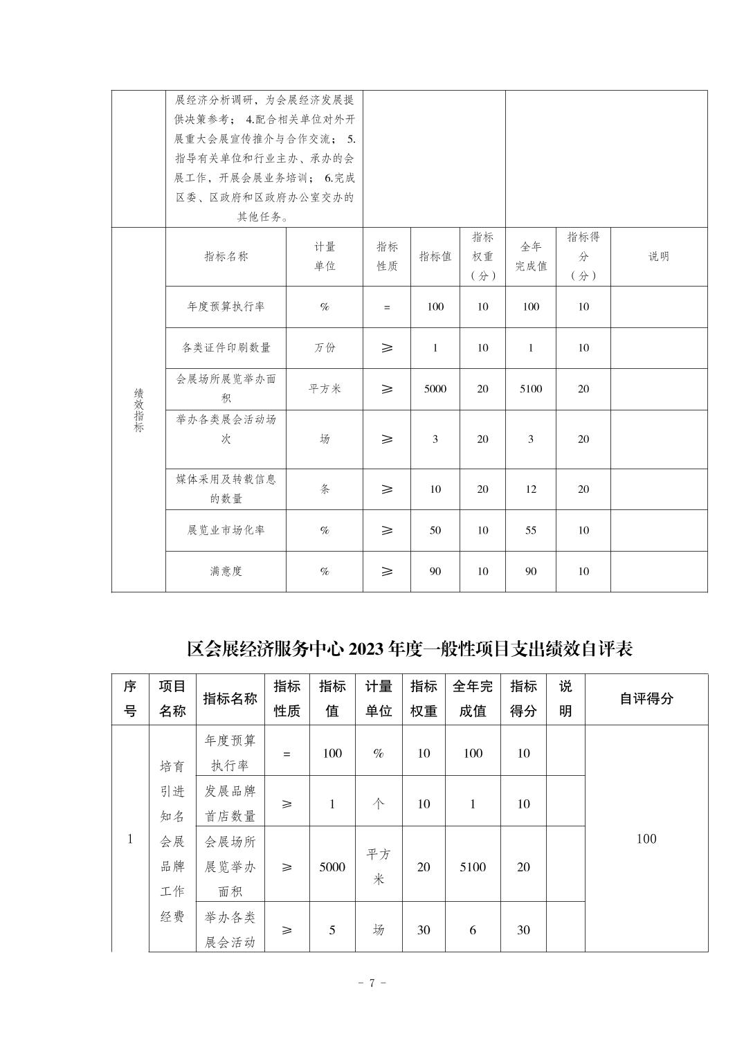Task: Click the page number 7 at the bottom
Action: tap(372, 983)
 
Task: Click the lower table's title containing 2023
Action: tap(410, 649)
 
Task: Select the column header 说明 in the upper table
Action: tap(658, 256)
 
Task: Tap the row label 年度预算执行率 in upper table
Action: tap(226, 307)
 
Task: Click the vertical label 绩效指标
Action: tap(138, 410)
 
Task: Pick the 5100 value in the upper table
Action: tap(531, 389)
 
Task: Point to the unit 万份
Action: tap(325, 347)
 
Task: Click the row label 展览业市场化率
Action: tap(226, 530)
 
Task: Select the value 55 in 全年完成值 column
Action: tap(531, 530)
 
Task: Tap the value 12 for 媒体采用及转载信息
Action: tap(531, 489)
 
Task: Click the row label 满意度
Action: tap(226, 571)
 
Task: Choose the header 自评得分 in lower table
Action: tap(646, 699)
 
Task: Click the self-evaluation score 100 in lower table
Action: tap(646, 839)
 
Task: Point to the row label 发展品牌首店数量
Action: tap(230, 804)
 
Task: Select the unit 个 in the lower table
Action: tap(379, 804)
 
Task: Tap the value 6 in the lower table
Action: tap(473, 929)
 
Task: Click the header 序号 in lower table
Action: tap(130, 699)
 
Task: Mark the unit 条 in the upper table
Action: tap(325, 489)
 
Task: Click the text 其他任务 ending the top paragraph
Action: tap(264, 217)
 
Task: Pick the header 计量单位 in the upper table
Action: tap(325, 256)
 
